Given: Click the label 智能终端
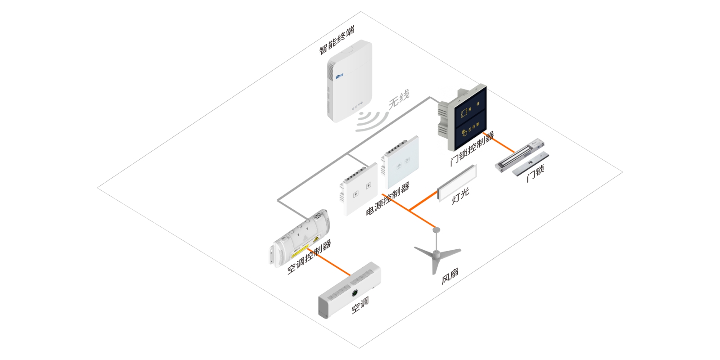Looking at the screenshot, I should tap(337, 41).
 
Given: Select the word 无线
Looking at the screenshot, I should tap(399, 99).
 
